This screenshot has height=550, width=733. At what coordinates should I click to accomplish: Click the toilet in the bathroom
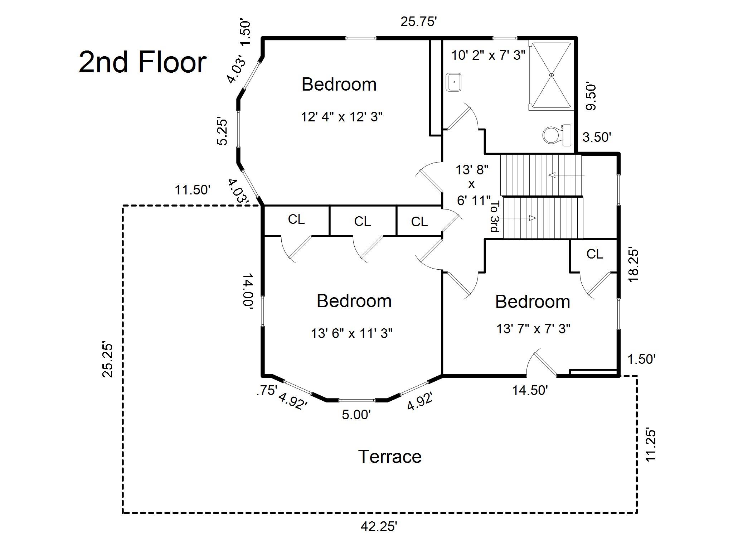click(x=557, y=135)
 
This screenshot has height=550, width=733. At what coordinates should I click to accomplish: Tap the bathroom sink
click(x=454, y=82)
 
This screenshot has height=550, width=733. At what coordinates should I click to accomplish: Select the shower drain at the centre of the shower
click(x=552, y=75)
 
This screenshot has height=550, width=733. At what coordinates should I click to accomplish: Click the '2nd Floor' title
click(x=142, y=62)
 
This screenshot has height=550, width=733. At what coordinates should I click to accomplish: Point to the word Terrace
click(x=390, y=457)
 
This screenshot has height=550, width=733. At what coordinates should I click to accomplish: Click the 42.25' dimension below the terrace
click(x=379, y=526)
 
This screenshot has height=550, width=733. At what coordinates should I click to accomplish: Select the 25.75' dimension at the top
click(x=418, y=22)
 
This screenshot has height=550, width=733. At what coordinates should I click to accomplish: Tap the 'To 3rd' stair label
click(x=494, y=216)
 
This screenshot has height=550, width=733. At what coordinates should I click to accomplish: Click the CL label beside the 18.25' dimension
click(x=594, y=254)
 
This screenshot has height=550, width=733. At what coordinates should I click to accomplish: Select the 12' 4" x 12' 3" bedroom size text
click(x=342, y=117)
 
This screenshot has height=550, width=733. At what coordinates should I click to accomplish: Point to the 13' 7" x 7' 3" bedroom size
click(x=533, y=329)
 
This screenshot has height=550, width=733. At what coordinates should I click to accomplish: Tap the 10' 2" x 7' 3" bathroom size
click(x=488, y=56)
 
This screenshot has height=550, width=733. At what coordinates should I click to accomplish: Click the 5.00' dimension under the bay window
click(x=356, y=415)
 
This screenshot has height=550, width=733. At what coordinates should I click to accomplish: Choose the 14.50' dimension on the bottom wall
click(x=530, y=390)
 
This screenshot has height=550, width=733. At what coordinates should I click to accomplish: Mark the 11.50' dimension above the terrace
click(x=192, y=190)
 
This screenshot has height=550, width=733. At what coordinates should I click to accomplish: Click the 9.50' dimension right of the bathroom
click(x=591, y=97)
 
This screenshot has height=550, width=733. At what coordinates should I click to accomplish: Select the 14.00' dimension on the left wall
click(x=248, y=290)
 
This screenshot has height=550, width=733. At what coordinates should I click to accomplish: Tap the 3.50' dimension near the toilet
click(x=597, y=137)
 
